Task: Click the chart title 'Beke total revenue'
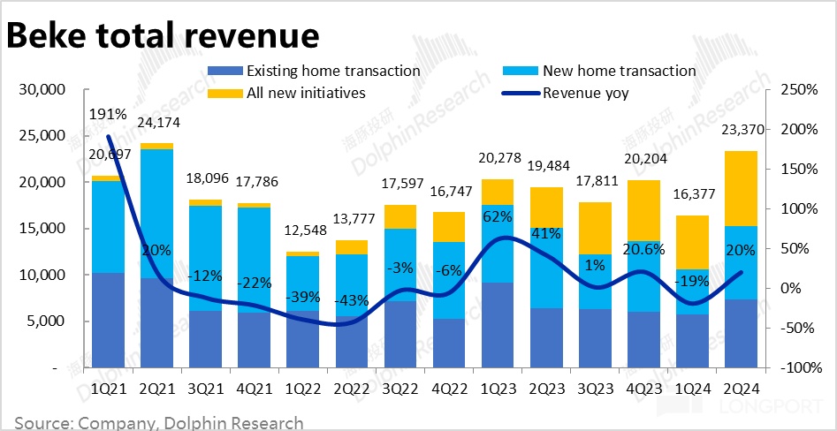[163, 35]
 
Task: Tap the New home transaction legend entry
[619, 71]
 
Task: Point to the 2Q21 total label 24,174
[156, 124]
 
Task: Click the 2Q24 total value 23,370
[741, 132]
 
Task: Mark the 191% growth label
[108, 114]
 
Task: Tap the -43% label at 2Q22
[351, 300]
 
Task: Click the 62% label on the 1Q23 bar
[497, 215]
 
